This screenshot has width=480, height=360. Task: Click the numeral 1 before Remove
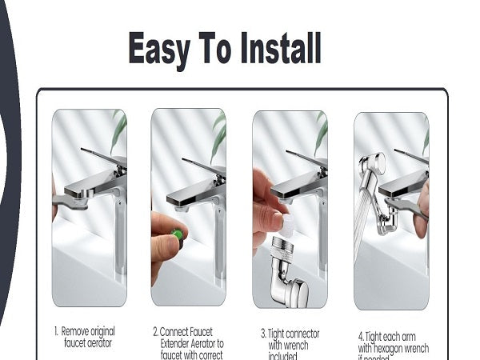[x=56, y=330]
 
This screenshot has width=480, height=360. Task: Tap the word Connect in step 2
[x=176, y=330]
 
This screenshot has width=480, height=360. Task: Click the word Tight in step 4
[x=381, y=336]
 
